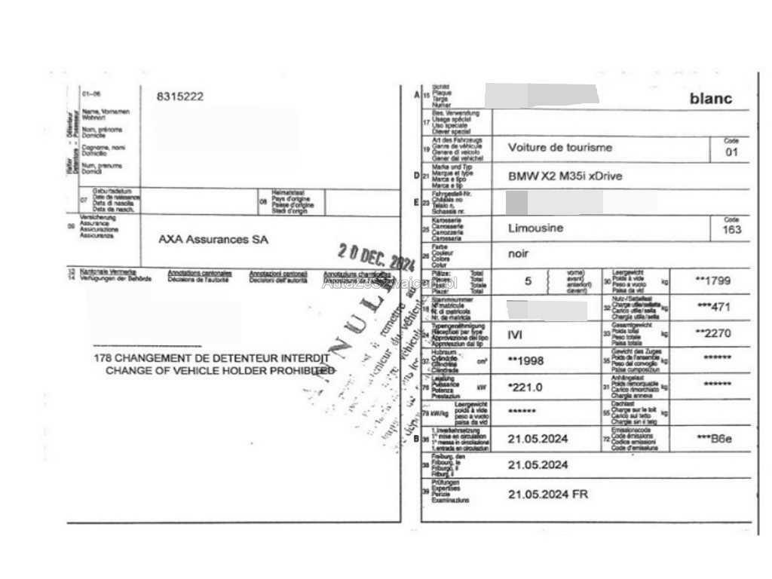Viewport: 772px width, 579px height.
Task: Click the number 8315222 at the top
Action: coord(179,96)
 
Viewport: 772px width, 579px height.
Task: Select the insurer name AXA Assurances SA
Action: coord(213,240)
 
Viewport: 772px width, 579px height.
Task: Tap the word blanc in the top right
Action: coord(711,99)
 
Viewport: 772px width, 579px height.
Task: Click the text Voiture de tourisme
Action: coord(560,148)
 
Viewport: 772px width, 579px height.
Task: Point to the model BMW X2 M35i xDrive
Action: coord(565,176)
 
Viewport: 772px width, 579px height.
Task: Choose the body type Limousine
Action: coord(536,228)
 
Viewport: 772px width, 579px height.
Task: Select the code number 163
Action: coord(731,230)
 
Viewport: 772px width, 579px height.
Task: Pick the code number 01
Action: coord(731,153)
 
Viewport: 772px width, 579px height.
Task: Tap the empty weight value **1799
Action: coord(712,280)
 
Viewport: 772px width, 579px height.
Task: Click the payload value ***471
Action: coord(714,308)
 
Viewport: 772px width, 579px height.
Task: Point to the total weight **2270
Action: coord(712,332)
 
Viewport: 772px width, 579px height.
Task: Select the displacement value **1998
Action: coord(525,360)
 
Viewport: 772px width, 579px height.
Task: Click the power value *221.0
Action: coord(525,386)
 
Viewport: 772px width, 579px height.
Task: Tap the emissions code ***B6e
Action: coord(714,439)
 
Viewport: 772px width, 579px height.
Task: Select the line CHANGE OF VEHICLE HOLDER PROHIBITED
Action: coord(220,371)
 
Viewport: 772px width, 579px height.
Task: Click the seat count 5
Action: coord(528,281)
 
